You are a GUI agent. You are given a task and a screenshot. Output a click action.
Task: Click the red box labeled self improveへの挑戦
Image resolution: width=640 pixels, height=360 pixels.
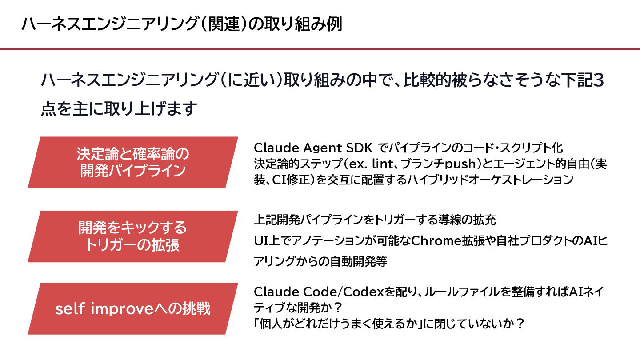133,309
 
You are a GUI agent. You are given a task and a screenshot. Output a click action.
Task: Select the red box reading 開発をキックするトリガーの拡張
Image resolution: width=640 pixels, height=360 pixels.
133,236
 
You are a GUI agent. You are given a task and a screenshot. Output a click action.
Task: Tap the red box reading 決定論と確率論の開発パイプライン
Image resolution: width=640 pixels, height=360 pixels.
133,163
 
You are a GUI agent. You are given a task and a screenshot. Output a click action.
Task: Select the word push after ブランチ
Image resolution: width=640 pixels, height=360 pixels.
460,164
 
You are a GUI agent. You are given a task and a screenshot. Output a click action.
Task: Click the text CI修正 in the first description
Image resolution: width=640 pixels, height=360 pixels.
282,180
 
